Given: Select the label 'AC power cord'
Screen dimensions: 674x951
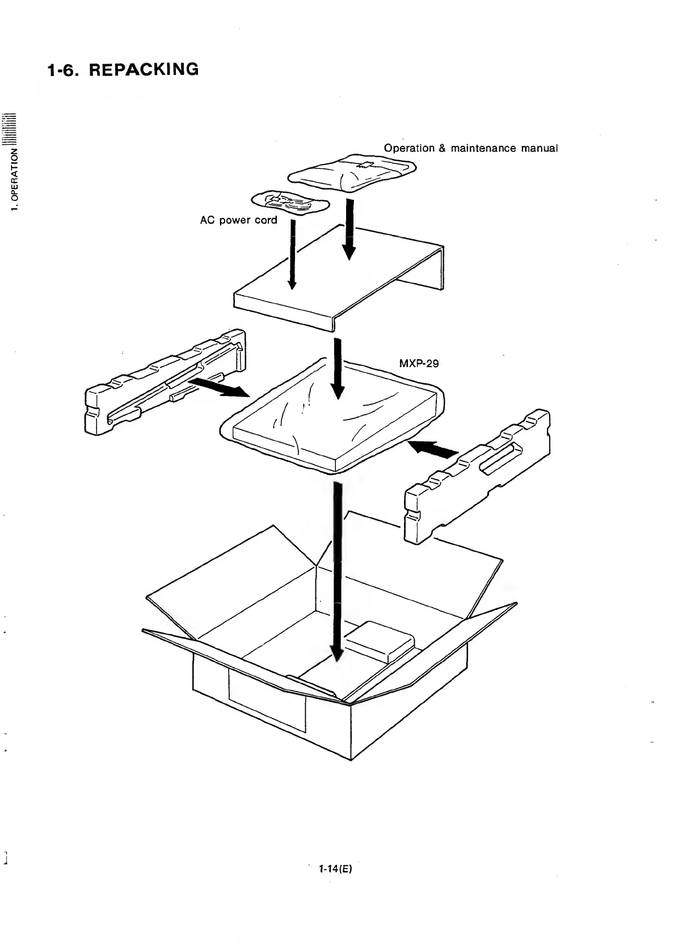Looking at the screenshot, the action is [238, 220].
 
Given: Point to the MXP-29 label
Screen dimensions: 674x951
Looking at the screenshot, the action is [419, 363].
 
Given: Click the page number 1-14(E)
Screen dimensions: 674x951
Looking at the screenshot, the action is [336, 885].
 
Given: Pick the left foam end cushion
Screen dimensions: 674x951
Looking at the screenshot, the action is [165, 383].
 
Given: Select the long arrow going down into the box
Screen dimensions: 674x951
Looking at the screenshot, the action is [338, 567].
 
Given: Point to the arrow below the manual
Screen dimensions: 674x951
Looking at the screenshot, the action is [349, 227].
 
